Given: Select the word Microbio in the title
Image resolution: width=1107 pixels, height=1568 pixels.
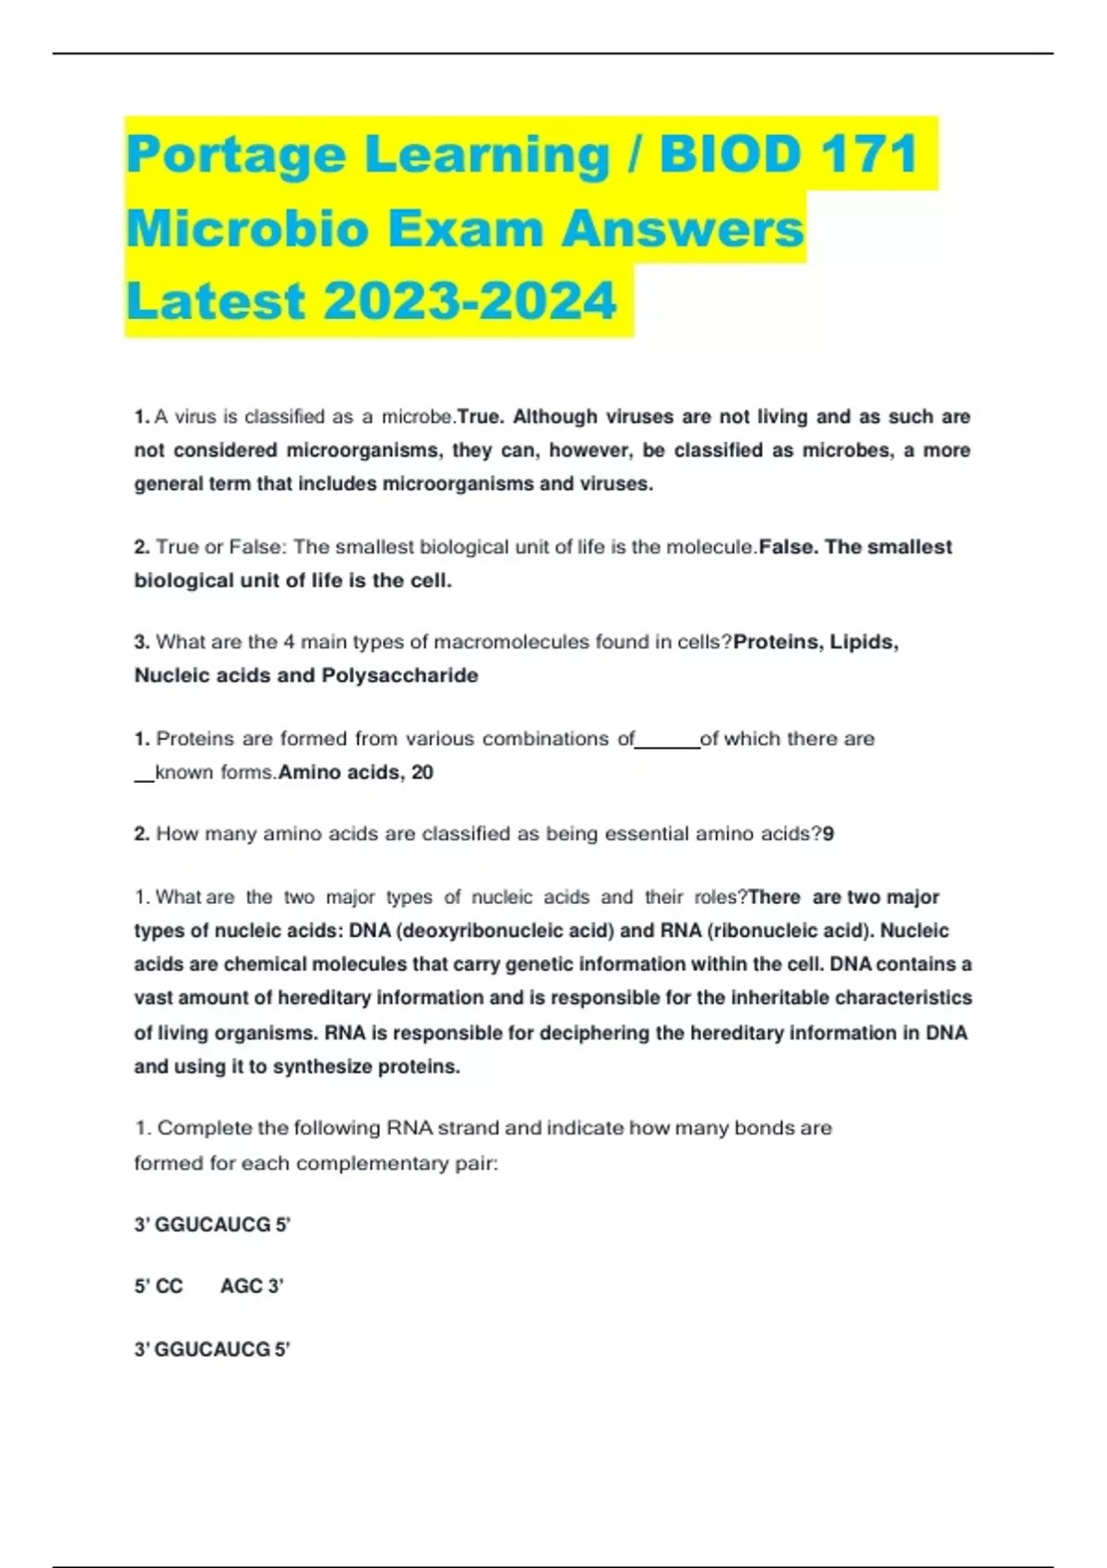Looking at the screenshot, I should tap(247, 228).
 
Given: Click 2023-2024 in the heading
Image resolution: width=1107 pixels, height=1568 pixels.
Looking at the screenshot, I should tap(470, 301).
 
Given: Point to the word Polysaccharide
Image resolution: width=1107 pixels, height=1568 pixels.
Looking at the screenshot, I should tap(399, 675).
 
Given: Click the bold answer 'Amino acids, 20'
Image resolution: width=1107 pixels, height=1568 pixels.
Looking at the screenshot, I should tap(356, 772).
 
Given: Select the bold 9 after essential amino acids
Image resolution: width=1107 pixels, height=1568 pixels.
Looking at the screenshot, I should tap(828, 834).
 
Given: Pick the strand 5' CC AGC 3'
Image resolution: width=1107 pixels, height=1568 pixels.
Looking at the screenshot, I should tap(208, 1286).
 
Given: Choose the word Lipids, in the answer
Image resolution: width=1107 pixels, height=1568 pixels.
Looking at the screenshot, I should tap(864, 642).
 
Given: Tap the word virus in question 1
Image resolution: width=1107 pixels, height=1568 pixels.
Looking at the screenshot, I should tap(195, 417).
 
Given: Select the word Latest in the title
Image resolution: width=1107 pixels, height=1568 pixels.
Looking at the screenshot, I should tap(215, 301).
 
